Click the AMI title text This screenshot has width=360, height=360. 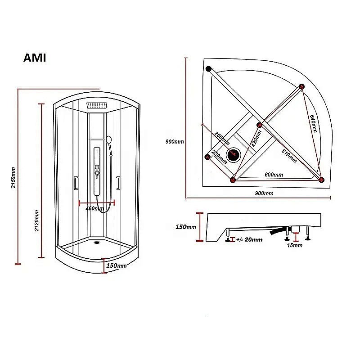pyautogui.click(x=34, y=58)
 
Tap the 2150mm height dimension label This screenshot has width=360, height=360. pyautogui.click(x=13, y=177)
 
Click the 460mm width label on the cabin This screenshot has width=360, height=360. pyautogui.click(x=95, y=208)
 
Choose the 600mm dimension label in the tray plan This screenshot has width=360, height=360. pyautogui.click(x=274, y=175)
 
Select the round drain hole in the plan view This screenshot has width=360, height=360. pyautogui.click(x=234, y=155)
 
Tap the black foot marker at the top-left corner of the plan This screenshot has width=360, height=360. pyautogui.click(x=208, y=69)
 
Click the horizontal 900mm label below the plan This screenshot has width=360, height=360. pyautogui.click(x=264, y=193)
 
